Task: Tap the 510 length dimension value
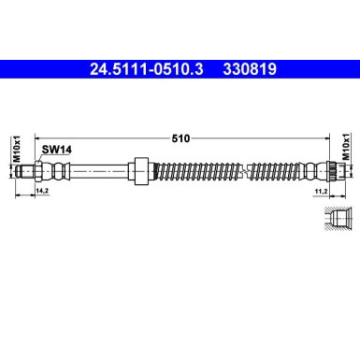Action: [x=180, y=137]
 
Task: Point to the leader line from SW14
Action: [x=44, y=156]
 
